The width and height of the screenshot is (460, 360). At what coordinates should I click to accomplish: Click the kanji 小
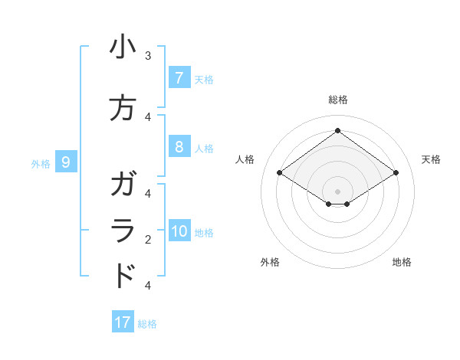coord(123,48)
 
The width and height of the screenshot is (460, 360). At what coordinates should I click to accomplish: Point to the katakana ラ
coord(123,231)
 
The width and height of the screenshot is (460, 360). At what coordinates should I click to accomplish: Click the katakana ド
coord(123,276)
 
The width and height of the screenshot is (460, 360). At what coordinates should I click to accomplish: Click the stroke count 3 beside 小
coord(148,56)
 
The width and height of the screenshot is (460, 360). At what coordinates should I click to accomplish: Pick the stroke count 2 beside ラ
coord(148,240)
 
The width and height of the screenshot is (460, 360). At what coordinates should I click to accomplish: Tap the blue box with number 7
coord(179,78)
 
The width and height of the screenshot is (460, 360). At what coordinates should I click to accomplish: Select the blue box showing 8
coord(179,147)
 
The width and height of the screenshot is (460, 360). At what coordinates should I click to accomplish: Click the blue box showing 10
coord(179,232)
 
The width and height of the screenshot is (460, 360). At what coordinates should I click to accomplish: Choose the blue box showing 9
coord(67,162)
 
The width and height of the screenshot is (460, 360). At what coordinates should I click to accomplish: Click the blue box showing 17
coord(123,322)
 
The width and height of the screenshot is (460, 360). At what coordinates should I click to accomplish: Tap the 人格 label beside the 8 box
coord(204,148)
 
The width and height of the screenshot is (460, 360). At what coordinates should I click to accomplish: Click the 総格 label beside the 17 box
coord(147,323)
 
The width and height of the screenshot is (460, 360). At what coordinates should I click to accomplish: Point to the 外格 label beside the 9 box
coord(40,163)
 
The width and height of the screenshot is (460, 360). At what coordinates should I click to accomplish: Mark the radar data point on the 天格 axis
coord(396,173)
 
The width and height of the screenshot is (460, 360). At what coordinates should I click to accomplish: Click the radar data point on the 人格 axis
coord(280,173)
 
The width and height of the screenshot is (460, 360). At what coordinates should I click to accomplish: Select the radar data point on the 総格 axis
coord(337,130)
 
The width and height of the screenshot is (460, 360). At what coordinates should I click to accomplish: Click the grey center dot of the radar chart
coord(337,191)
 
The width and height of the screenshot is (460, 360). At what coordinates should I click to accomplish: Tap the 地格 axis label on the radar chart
coord(402,262)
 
